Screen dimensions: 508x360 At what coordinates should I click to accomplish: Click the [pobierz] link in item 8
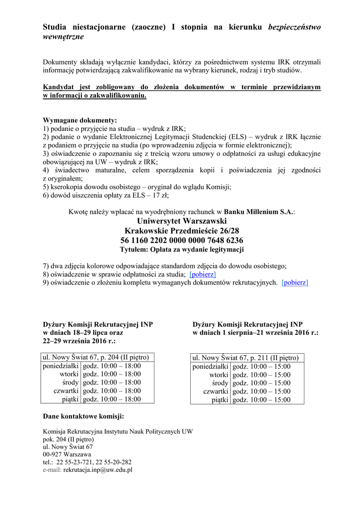(x=203, y=274)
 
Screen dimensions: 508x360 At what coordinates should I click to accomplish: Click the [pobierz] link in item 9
(x=294, y=283)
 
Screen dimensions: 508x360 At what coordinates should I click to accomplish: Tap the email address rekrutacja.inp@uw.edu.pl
(x=98, y=470)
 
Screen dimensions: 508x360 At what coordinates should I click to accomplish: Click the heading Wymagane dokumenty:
(x=80, y=120)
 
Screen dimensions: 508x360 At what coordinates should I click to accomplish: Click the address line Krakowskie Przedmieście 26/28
(x=182, y=231)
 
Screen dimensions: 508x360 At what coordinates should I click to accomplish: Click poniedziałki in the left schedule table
(x=61, y=366)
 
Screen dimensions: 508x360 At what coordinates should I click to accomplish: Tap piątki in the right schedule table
(x=220, y=399)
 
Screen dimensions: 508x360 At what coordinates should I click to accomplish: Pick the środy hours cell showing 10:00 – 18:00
(x=112, y=382)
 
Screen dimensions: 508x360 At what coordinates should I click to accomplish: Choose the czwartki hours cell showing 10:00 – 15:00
(x=261, y=391)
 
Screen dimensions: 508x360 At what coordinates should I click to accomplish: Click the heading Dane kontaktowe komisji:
(x=83, y=416)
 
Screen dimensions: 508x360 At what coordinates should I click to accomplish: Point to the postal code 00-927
(x=53, y=454)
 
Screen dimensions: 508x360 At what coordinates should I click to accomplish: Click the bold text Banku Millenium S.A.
(x=258, y=212)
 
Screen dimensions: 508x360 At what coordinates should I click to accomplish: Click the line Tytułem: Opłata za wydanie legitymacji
(x=182, y=250)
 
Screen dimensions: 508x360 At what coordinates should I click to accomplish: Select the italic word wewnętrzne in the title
(x=63, y=37)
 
